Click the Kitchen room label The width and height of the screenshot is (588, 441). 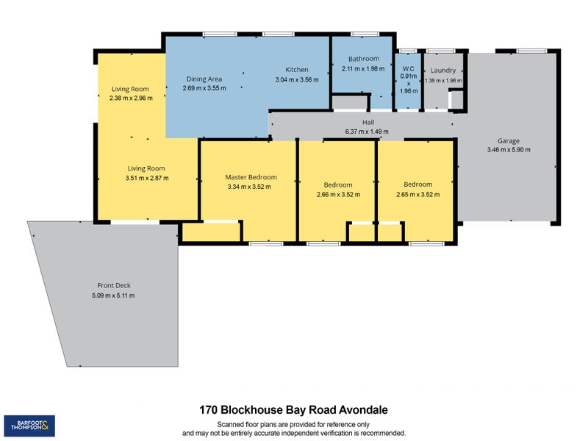(x=297, y=70)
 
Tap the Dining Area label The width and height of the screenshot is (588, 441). (x=204, y=79)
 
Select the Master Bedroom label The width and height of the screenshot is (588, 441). (x=251, y=177)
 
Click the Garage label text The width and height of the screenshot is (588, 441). (x=508, y=140)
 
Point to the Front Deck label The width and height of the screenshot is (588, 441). (x=113, y=286)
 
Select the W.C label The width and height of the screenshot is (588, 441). (x=406, y=66)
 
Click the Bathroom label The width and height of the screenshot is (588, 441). (x=364, y=59)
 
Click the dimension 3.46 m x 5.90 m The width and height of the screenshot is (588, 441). (x=508, y=149)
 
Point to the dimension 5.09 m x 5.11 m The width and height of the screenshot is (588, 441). (x=113, y=295)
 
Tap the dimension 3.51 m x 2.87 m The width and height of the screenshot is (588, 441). (x=147, y=177)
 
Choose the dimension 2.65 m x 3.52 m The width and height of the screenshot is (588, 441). (x=417, y=195)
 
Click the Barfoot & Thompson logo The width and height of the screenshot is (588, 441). (x=30, y=425)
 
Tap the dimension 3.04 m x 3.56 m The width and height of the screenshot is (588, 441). (x=297, y=79)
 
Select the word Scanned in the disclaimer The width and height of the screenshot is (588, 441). (x=231, y=425)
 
